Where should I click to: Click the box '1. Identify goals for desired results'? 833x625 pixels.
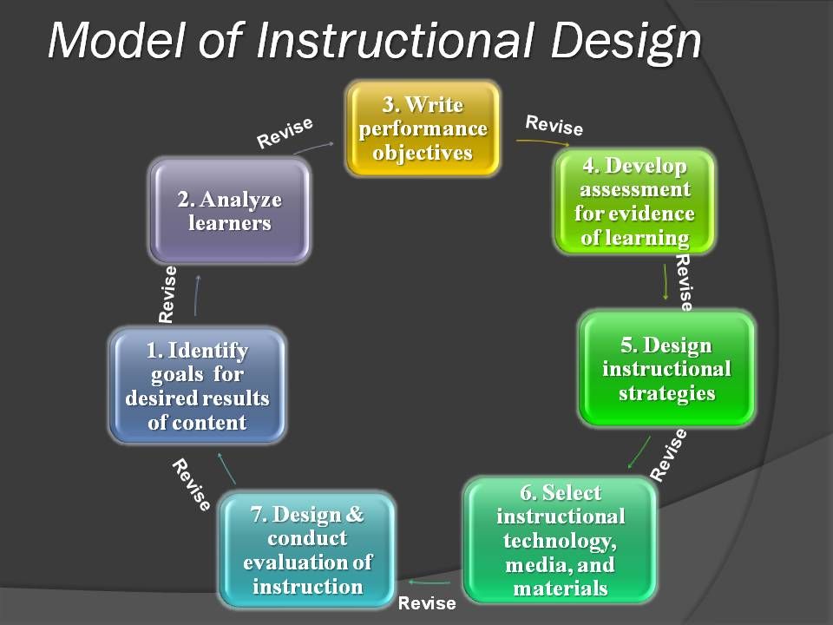[x=198, y=385]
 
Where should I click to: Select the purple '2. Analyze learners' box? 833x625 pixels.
[x=229, y=210]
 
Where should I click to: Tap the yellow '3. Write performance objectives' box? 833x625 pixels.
[x=423, y=128]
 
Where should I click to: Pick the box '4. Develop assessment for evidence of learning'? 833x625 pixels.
[x=635, y=201]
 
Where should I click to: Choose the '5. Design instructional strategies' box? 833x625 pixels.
[x=666, y=369]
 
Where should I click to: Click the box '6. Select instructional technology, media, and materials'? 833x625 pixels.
[x=561, y=540]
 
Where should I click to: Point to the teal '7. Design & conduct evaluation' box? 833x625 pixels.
[x=307, y=550]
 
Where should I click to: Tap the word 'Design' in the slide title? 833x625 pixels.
[x=626, y=43]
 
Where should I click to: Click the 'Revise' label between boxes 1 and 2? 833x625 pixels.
[x=167, y=294]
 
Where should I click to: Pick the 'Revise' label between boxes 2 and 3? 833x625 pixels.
[x=285, y=134]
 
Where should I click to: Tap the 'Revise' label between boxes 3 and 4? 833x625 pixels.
[x=554, y=125]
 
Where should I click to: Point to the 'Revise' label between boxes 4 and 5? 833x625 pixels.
[x=684, y=282]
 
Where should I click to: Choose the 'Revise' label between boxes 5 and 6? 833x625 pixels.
[x=669, y=455]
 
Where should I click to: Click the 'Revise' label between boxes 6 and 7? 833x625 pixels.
[x=427, y=602]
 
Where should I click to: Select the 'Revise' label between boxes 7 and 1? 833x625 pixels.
[x=191, y=484]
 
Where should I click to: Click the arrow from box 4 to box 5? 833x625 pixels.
[x=666, y=281]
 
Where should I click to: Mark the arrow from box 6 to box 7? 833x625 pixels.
[x=430, y=582]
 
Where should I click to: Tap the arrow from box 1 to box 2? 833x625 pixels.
[x=196, y=295]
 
